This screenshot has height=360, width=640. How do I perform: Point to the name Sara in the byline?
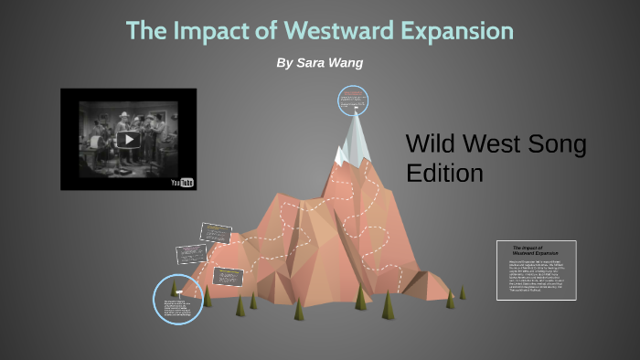(x=325, y=62)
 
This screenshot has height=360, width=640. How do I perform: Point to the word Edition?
(x=444, y=173)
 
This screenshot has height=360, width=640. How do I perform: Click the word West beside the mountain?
(x=492, y=143)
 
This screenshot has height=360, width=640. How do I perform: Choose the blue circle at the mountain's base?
(x=177, y=299)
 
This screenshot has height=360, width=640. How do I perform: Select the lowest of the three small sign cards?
(x=228, y=275)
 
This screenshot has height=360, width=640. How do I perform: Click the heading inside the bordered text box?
(x=528, y=250)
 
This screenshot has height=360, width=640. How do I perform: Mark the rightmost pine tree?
(x=462, y=292)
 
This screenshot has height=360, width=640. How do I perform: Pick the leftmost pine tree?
(x=207, y=296)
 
